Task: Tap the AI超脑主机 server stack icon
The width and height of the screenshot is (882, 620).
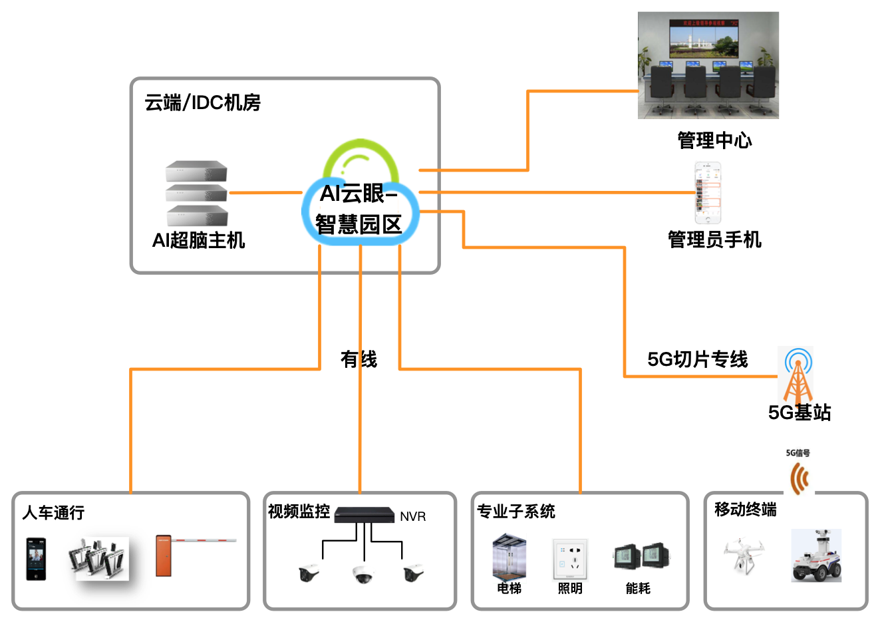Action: [x=197, y=193]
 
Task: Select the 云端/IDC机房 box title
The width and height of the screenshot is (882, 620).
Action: [x=203, y=102]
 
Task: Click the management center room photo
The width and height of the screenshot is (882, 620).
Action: [x=708, y=65]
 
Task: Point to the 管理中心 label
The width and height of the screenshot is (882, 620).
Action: [x=714, y=140]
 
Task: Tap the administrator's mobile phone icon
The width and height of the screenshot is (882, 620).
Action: [x=708, y=194]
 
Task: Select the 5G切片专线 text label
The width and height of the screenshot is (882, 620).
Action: [x=697, y=359]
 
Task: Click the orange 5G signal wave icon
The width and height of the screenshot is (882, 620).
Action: [x=799, y=478]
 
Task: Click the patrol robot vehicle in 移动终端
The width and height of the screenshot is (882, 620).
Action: [x=816, y=556]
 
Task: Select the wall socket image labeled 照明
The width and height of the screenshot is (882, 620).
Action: [x=570, y=559]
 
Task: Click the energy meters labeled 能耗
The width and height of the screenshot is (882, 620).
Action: [x=641, y=556]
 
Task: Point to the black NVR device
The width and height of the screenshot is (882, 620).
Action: [x=364, y=514]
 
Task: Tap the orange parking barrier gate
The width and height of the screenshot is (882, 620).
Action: [x=164, y=555]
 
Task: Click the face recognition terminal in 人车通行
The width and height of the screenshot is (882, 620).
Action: [x=36, y=559]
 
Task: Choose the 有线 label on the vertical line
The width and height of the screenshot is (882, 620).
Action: [x=359, y=359]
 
